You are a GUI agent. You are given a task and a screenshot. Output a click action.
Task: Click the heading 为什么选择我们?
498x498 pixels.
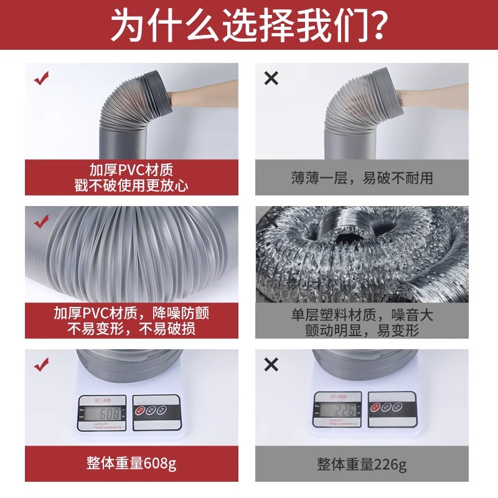pos(249,26)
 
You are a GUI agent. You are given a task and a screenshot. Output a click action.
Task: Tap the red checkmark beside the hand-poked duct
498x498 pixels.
pos(41,79)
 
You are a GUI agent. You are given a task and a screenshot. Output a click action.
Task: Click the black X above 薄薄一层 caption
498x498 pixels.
pos(271,78)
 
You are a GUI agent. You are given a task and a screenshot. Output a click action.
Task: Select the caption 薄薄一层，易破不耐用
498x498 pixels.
pos(362,178)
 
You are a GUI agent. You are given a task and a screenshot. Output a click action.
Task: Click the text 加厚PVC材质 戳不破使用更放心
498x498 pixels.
pos(131,177)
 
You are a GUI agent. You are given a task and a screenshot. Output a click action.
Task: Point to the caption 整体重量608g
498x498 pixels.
pos(131,463)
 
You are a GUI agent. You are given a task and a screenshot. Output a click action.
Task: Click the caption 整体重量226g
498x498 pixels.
pos(362,463)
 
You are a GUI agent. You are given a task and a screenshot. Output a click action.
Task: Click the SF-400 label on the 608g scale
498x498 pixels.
pos(103,399)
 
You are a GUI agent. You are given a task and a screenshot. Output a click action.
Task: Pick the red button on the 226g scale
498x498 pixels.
pos(375,407)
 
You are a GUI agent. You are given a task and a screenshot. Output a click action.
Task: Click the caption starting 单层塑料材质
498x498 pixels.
pos(362,322)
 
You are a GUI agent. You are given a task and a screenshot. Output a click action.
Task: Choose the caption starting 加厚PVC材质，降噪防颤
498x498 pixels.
pos(131,321)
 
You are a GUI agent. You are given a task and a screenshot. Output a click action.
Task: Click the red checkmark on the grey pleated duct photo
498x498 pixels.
pos(41,221)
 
